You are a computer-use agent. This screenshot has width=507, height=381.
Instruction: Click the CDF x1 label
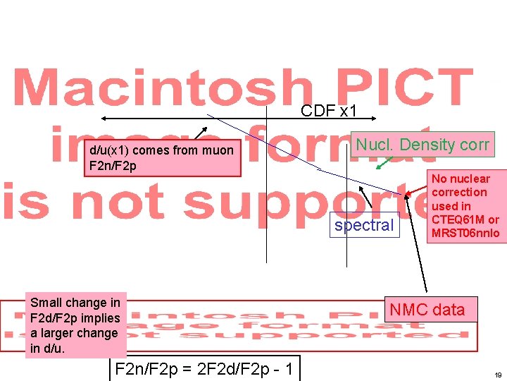point(329,111)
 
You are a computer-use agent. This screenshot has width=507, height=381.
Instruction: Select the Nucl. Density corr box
point(422,145)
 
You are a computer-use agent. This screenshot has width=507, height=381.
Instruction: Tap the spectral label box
point(363,226)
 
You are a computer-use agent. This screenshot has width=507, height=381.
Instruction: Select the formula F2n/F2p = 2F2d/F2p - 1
point(204,368)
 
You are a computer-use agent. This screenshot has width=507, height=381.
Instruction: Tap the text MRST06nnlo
point(465,233)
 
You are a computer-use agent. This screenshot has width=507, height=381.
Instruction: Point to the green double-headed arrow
point(384,163)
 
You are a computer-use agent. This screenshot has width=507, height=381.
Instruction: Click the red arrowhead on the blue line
point(406,193)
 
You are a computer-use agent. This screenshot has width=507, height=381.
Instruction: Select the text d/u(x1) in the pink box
point(108,150)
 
